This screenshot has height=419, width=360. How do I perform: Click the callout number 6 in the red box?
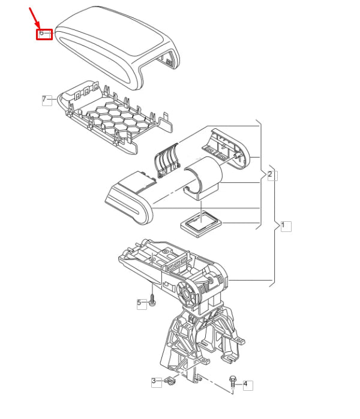point(42,34)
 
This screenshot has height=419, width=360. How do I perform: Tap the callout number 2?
point(271,174)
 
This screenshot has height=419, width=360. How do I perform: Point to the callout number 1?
point(286,226)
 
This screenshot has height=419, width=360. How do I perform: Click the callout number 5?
point(140,303)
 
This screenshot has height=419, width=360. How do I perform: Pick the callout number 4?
point(245,384)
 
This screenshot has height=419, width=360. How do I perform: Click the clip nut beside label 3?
point(169,381)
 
